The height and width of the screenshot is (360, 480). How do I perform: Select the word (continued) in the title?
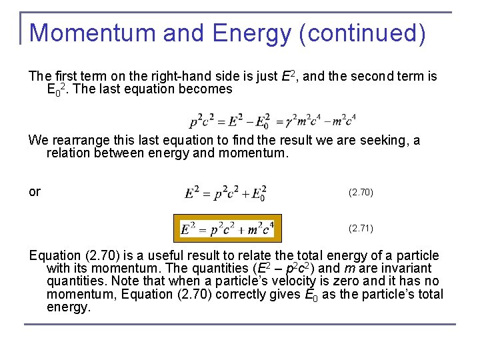(363, 33)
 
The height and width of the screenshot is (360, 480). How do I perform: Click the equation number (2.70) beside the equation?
(361, 193)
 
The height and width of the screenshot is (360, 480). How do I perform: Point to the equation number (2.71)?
(361, 229)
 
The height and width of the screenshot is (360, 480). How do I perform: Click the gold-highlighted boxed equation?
(226, 229)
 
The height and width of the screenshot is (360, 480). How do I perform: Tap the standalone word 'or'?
(35, 192)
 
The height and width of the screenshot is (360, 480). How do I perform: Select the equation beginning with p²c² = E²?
(273, 121)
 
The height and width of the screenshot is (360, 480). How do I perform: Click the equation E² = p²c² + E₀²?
(226, 193)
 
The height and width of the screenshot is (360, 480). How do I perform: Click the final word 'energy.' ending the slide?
(68, 307)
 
